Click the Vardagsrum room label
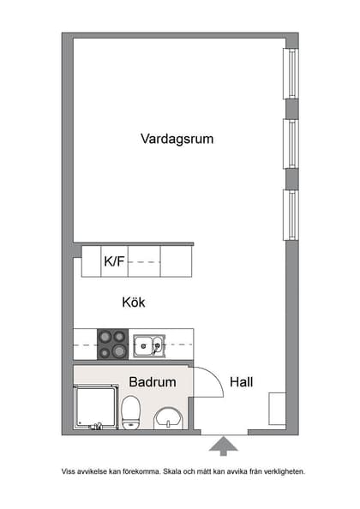[x=177, y=139]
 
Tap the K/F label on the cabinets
[x=114, y=262]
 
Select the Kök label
[x=135, y=302]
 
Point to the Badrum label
[x=153, y=382]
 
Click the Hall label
[x=241, y=382]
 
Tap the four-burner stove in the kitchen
[x=112, y=344]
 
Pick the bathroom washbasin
[x=168, y=418]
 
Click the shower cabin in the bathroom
[x=95, y=407]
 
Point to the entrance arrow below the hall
[x=224, y=446]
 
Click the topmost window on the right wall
[x=291, y=73]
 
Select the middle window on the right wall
[x=291, y=143]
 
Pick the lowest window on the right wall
[x=291, y=215]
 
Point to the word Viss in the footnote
[x=68, y=471]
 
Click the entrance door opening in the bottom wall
[x=224, y=432]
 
